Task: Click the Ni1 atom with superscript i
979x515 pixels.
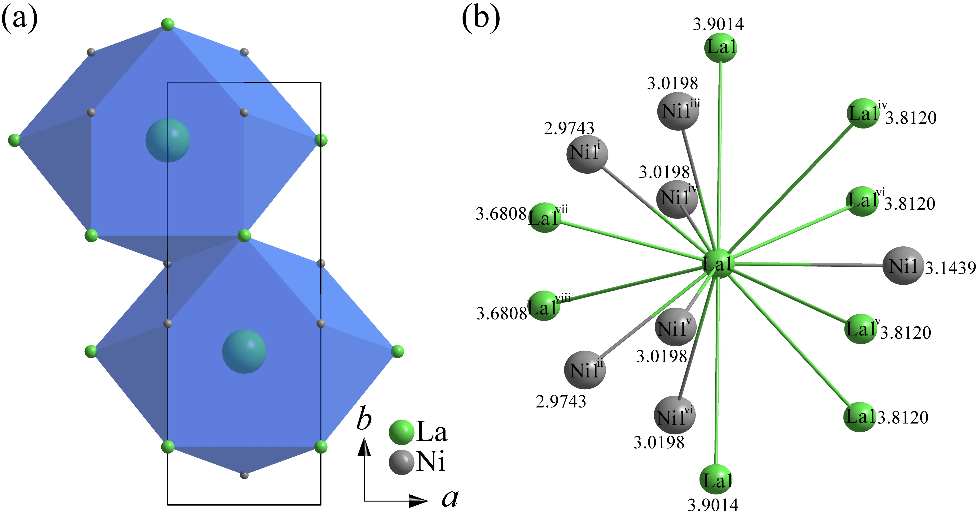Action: (x=587, y=154)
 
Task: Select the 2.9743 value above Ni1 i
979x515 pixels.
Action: (x=569, y=128)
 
